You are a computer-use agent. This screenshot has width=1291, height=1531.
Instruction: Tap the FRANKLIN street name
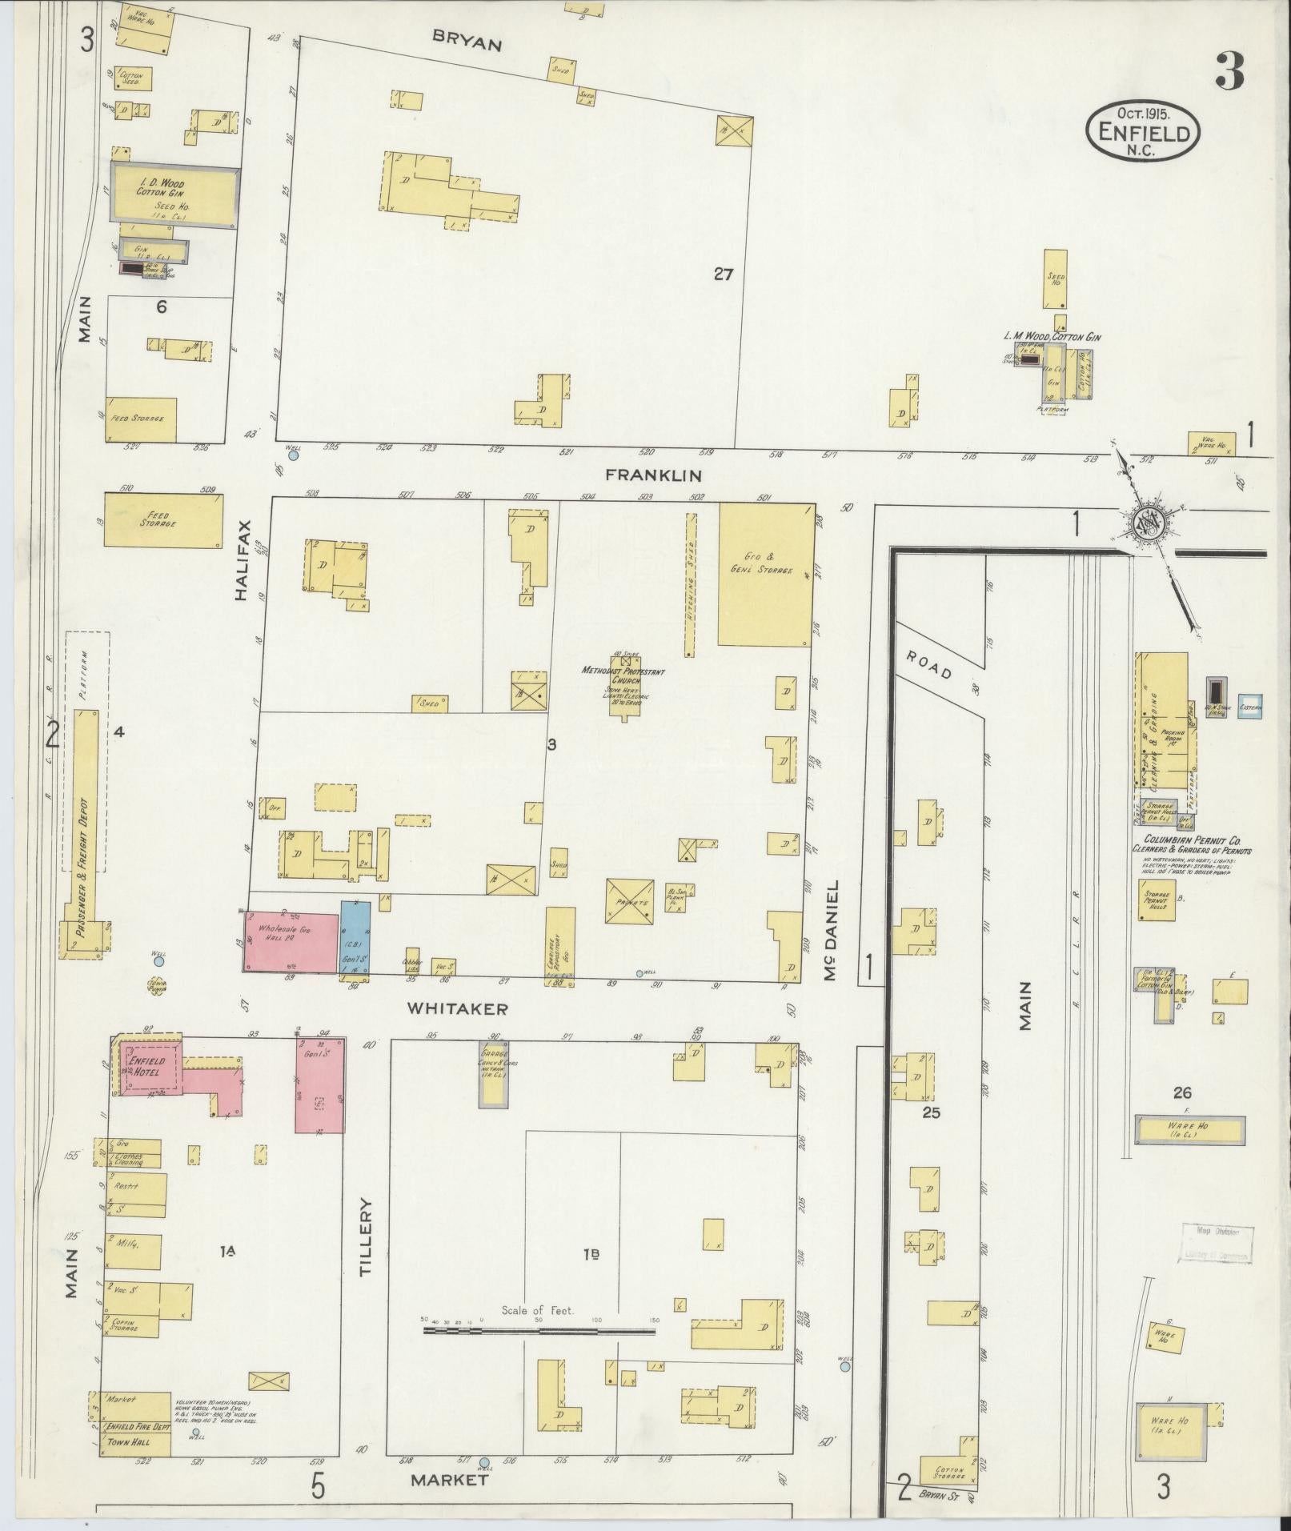653,475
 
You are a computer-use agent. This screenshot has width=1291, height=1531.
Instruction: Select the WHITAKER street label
457,1009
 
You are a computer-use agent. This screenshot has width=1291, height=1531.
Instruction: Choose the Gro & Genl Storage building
766,574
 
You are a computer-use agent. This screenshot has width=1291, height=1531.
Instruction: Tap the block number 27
724,275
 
